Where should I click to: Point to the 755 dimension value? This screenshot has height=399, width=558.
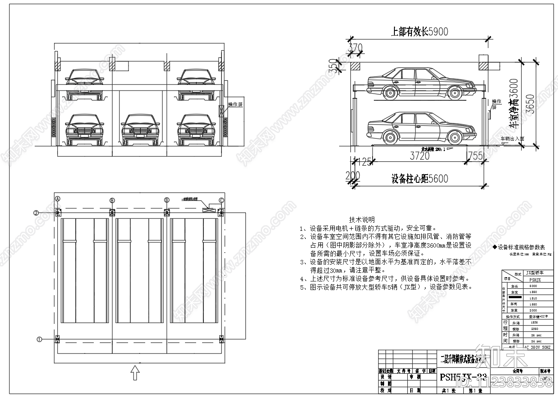[475, 155]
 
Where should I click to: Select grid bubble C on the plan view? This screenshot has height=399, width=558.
[221, 200]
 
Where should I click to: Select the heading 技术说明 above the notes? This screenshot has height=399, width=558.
[362, 220]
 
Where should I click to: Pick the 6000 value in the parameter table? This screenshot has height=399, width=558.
[534, 286]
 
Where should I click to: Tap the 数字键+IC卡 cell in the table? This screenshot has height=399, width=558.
[534, 316]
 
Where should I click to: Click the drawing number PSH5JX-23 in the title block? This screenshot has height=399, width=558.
[463, 377]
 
